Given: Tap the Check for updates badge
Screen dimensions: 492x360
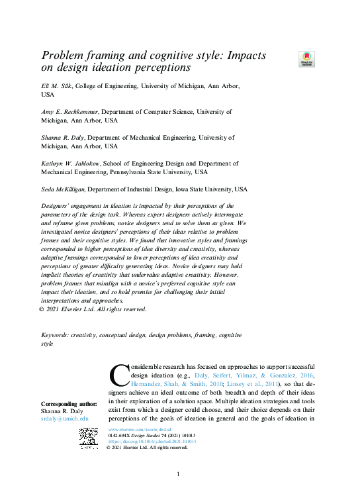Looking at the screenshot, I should click(x=306, y=59).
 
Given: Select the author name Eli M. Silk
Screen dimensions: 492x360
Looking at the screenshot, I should click(x=56, y=86).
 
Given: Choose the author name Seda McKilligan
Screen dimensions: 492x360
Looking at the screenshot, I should click(x=63, y=189).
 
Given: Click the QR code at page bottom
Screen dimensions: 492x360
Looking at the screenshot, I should click(x=89, y=439).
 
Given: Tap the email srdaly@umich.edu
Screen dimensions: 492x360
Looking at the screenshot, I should click(x=65, y=419).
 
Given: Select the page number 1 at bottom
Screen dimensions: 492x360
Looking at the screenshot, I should click(x=178, y=474).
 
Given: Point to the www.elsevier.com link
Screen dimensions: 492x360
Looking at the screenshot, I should click(x=139, y=430).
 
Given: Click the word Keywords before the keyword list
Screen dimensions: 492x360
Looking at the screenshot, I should click(x=54, y=336).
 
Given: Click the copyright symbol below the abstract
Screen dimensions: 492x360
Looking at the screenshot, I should click(x=44, y=309).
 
